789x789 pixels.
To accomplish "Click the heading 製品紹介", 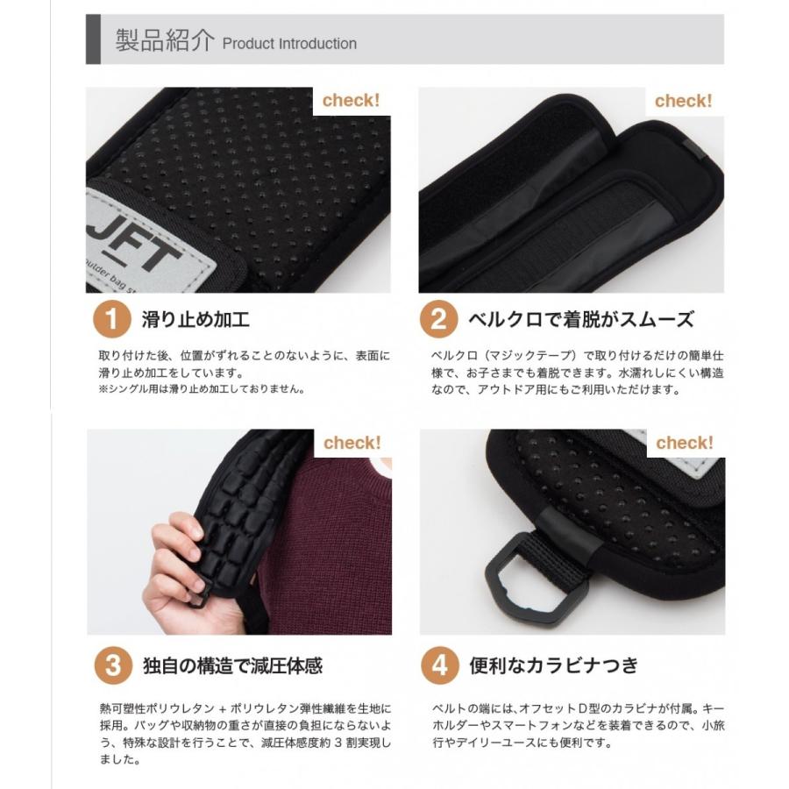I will tap(164, 41).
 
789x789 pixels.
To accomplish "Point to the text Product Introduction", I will tap(289, 44).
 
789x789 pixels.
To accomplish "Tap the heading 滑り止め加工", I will tap(196, 319).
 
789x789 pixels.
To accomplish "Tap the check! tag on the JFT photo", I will tap(351, 101).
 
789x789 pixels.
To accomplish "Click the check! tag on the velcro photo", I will tap(684, 101).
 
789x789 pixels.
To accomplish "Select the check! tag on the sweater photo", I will tap(352, 443).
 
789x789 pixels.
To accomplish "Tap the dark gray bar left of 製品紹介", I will tap(93, 39).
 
